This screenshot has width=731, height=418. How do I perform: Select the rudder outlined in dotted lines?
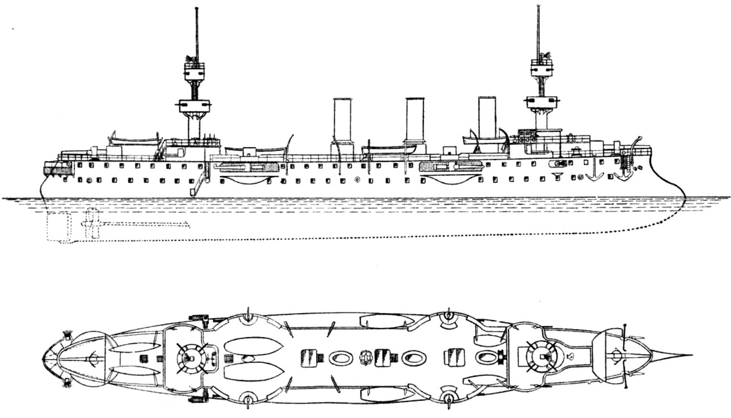[58, 227]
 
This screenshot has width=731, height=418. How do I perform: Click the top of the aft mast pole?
[196, 10]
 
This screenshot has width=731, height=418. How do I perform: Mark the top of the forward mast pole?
[540, 7]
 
